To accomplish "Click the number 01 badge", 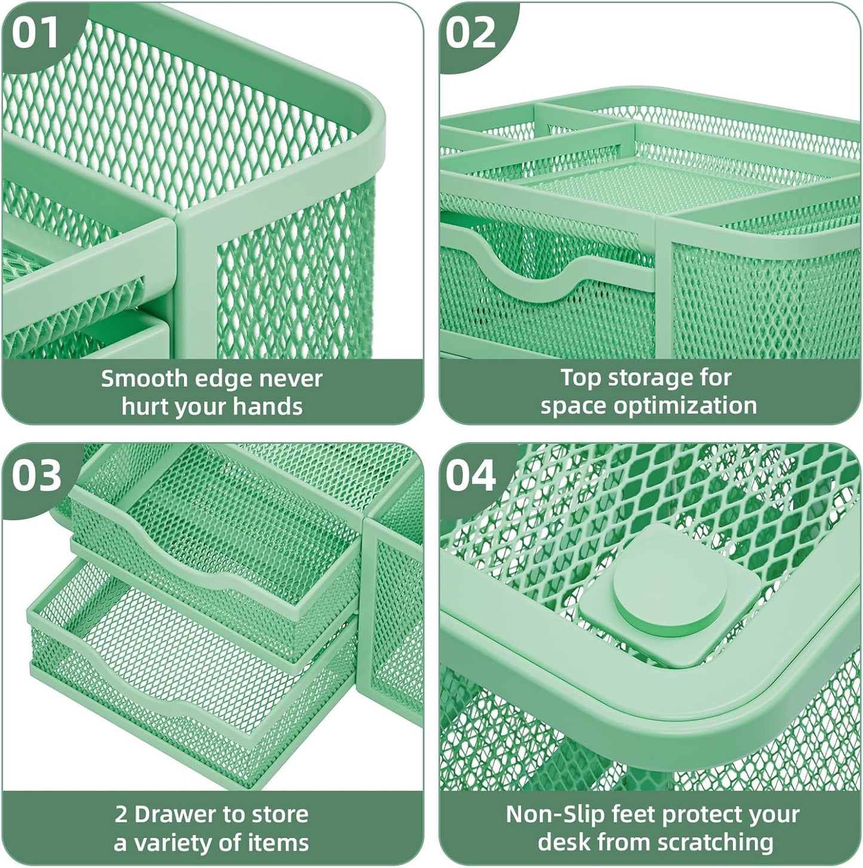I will tap(36, 33).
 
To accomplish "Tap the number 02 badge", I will tap(471, 33).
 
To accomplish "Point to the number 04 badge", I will tap(471, 476).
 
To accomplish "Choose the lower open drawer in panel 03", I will tap(191, 663).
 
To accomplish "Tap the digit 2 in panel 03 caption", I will tap(121, 814).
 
